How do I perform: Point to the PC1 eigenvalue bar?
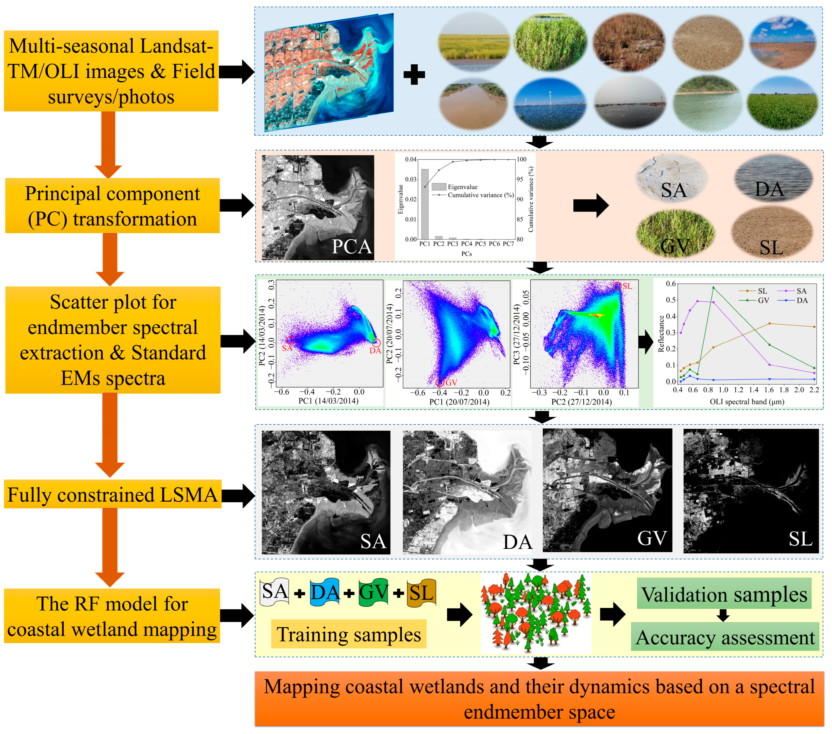point(425,204)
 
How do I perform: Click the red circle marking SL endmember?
point(617,286)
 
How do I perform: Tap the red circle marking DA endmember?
point(376,343)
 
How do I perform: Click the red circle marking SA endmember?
point(290,340)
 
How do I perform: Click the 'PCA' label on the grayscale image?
point(352,247)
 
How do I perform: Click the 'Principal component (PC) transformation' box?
point(112,206)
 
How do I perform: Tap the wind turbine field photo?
point(550,104)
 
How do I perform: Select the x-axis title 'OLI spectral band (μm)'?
point(747,402)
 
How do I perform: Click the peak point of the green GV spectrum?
point(713,287)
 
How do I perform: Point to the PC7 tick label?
point(508,244)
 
